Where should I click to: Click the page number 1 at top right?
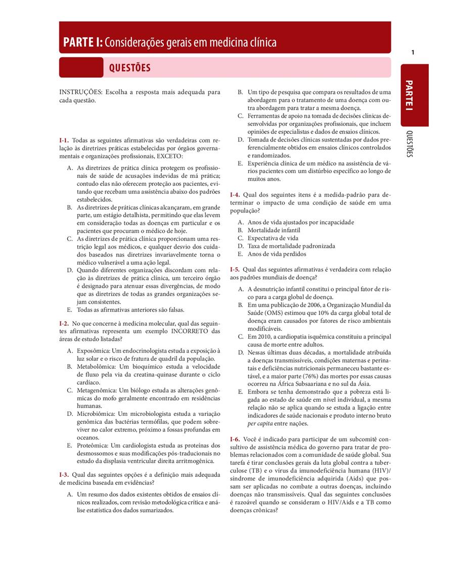[413, 53]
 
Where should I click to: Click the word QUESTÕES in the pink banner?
[130, 68]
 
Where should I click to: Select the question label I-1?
[64, 140]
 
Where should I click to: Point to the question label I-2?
[64, 323]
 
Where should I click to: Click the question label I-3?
[64, 474]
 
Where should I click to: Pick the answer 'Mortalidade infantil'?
[274, 230]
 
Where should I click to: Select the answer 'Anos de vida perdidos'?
[277, 254]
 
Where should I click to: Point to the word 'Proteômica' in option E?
[92, 445]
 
